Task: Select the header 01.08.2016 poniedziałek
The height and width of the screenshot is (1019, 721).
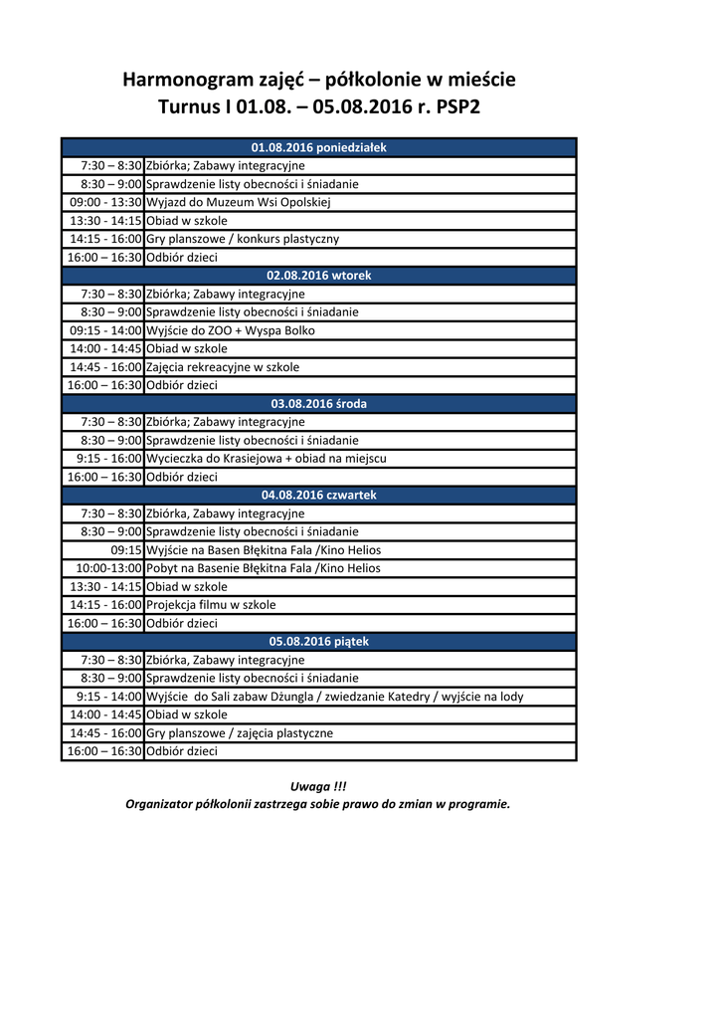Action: coord(318,147)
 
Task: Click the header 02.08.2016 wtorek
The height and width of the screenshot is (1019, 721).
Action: coord(318,276)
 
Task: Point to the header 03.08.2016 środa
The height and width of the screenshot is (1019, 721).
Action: coord(318,404)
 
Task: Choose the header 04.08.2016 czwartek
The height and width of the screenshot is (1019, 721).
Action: coord(318,495)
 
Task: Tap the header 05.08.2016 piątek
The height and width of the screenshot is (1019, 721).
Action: coord(318,642)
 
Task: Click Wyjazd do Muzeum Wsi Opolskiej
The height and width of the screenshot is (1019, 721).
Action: coord(238,202)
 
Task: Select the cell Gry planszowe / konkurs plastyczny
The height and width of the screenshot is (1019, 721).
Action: coord(243,239)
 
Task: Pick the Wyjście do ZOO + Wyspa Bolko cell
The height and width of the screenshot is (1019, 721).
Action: coord(231,330)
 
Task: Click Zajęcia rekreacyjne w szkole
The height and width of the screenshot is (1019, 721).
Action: coord(223,367)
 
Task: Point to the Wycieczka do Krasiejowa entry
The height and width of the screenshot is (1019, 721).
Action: coord(267,459)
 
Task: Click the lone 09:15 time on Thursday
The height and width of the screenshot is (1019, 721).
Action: coord(126,550)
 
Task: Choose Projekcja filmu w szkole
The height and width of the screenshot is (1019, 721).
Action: coord(211,605)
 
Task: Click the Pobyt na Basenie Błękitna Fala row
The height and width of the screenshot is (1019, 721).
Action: coord(264,568)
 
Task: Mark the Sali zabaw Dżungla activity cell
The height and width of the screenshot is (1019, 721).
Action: coord(335,697)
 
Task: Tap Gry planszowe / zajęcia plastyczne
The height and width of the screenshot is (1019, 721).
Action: coord(240,733)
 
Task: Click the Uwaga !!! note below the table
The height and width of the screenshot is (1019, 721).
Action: coord(318,786)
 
